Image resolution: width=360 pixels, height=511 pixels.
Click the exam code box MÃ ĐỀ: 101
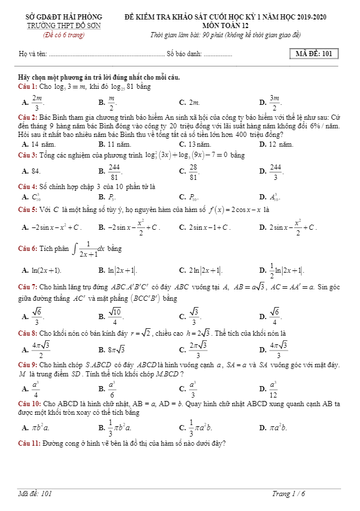click(x=314, y=54)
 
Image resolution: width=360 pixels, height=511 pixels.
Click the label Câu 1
click(x=27, y=87)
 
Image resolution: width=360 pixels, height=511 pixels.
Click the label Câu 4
click(x=27, y=187)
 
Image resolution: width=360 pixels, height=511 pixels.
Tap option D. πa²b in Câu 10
click(x=273, y=427)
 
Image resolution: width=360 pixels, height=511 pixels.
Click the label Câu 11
click(x=29, y=443)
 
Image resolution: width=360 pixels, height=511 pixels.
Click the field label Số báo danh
click(x=184, y=55)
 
